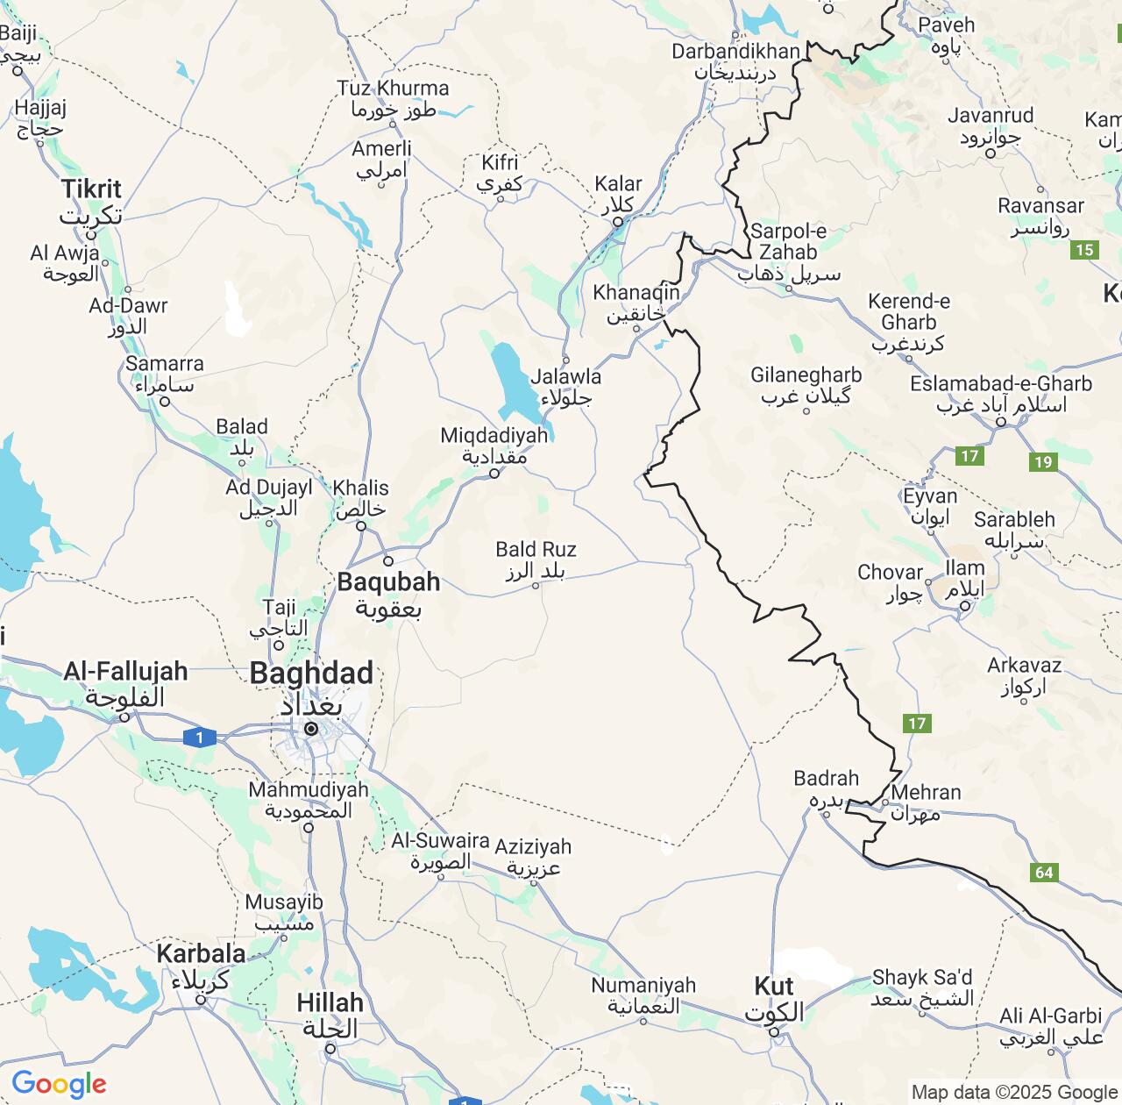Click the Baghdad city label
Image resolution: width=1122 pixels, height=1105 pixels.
[x=311, y=674]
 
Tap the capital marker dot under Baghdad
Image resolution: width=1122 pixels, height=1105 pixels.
[x=311, y=729]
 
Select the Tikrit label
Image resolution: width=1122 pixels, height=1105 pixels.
[x=91, y=189]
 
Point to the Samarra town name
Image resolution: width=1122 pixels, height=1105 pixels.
[x=164, y=364]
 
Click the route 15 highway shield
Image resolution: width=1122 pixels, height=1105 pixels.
[x=1084, y=250]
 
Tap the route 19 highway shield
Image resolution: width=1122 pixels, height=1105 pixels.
[x=1042, y=462]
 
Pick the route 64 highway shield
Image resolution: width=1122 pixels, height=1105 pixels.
[x=1043, y=872]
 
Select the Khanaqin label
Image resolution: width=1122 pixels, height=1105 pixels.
[x=636, y=293]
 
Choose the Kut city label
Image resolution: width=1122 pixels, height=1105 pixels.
[x=774, y=987]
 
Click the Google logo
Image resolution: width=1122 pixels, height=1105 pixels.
[x=59, y=1084]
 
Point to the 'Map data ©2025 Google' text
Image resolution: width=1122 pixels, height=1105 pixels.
[x=1014, y=1092]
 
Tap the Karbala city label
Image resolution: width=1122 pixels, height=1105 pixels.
[x=201, y=954]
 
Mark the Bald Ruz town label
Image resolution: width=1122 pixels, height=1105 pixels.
[x=536, y=550]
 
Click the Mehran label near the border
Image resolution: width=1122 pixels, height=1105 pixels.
[x=926, y=793]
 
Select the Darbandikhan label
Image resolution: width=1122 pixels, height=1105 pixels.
[x=735, y=52]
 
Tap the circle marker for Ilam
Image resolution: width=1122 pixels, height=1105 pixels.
[x=964, y=606]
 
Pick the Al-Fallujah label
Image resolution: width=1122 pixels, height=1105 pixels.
[x=125, y=672]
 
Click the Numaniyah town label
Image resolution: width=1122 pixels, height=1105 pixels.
[x=643, y=986]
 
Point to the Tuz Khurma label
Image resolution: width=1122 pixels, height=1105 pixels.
[x=393, y=89]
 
